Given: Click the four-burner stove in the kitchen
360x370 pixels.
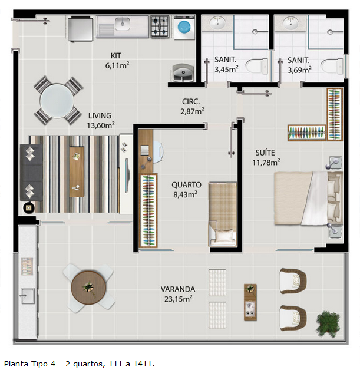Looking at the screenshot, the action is [160, 26].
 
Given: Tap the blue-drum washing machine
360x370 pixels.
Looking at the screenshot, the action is [184, 27].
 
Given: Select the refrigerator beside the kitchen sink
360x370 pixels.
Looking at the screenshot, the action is [80, 28].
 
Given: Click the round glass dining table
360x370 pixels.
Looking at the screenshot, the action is [57, 101].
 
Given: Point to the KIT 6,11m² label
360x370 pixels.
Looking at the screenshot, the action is [117, 61].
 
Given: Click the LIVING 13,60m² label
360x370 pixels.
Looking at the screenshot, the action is [101, 120].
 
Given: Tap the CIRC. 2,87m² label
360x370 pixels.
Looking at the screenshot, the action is [192, 106].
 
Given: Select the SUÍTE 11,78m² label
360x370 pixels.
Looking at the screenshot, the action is [266, 157].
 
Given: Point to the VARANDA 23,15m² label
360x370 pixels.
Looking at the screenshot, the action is [178, 294].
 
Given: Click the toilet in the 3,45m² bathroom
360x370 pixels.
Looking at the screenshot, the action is [256, 66].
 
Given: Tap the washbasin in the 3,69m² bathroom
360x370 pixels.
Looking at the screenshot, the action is [290, 23].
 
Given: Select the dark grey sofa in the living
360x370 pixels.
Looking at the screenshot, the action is [31, 173].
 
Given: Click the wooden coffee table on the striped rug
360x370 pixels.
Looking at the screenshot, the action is [77, 172].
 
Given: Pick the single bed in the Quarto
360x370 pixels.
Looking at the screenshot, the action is [222, 214].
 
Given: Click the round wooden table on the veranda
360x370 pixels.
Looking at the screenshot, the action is [88, 288].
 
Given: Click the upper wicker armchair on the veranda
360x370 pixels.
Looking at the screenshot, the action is [293, 280].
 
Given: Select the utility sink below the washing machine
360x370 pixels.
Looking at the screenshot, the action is [183, 72].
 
